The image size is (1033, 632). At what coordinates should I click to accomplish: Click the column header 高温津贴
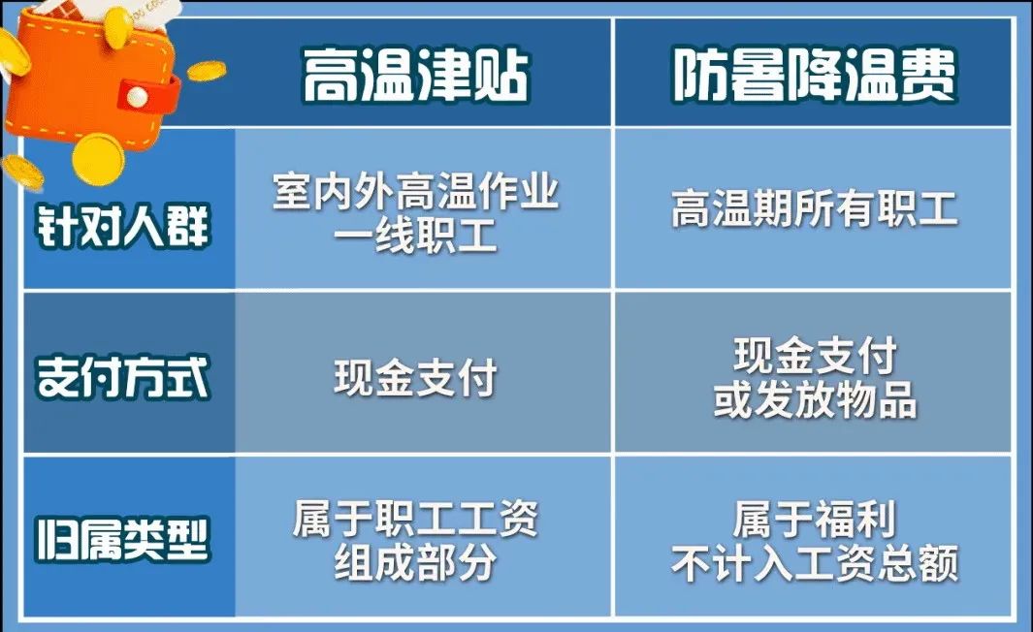coord(416,75)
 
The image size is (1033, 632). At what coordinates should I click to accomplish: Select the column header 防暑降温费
coord(815,75)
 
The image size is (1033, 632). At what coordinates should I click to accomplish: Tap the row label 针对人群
coord(123,226)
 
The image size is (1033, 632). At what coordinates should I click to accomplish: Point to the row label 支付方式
coord(123,377)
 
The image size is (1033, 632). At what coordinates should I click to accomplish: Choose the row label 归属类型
coord(123,540)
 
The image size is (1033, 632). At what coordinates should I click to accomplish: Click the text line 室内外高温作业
coord(416,192)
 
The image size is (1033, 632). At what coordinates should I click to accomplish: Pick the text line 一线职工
coord(416,236)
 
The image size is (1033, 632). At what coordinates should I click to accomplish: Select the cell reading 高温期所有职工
coord(815,208)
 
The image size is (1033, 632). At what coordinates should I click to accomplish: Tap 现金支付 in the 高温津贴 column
coord(416,377)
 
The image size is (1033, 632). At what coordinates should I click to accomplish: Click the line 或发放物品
coord(815,399)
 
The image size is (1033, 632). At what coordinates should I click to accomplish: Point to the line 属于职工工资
coord(416,519)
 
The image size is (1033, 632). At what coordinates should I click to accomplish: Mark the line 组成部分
coord(416,563)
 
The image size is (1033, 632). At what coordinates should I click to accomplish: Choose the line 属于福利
coord(815,519)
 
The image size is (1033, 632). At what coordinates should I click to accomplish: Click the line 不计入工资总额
coord(815,563)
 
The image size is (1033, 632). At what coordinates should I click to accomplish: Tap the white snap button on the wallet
coord(137,97)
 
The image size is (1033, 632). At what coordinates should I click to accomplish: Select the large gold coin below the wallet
coord(98,159)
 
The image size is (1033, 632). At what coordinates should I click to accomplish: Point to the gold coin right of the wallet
coord(207,71)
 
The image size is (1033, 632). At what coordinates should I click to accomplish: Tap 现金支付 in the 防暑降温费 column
coord(815,356)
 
